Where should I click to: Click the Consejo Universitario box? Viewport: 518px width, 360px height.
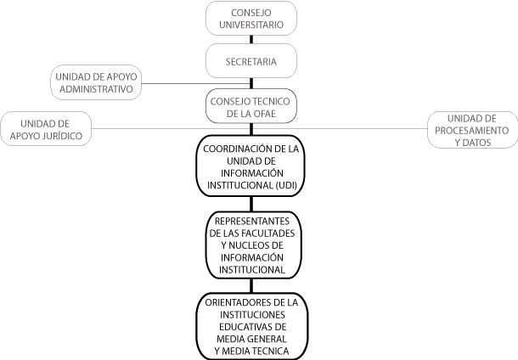click(251, 18)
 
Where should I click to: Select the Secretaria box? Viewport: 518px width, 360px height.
click(251, 61)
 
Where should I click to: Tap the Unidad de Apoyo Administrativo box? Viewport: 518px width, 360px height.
click(96, 82)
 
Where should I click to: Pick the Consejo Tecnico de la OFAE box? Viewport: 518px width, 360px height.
click(251, 106)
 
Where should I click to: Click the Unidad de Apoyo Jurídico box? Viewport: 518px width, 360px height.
click(46, 129)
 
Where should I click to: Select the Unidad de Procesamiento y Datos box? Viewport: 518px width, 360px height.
click(472, 130)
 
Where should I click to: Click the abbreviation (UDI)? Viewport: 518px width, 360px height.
click(286, 185)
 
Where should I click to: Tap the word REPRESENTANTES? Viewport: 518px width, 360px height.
click(252, 221)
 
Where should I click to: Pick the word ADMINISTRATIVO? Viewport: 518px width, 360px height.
click(96, 89)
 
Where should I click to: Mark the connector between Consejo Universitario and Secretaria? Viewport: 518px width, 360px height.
click(251, 40)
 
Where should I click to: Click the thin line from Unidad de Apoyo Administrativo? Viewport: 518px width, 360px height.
click(195, 83)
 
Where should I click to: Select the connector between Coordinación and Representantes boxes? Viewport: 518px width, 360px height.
click(251, 204)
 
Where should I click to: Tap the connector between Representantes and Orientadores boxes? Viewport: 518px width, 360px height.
click(251, 285)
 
